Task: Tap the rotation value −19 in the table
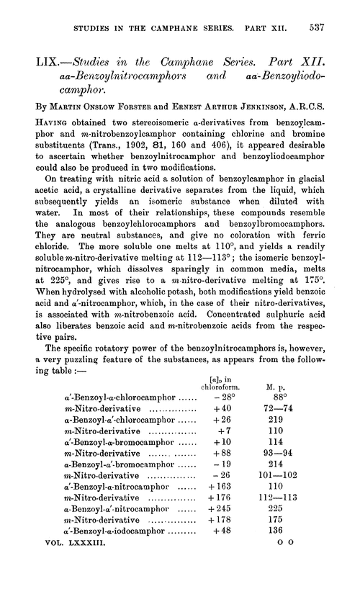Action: coord(216,483)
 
